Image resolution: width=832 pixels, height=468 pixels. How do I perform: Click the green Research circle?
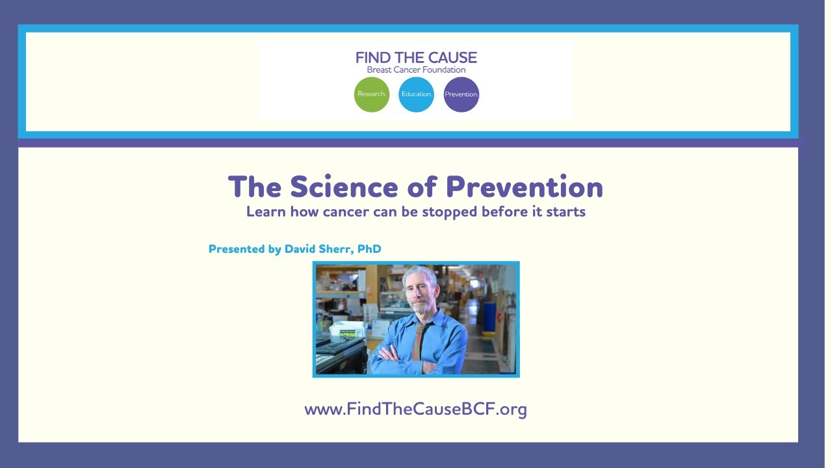(372, 94)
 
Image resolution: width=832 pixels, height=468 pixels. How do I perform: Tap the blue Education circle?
(416, 94)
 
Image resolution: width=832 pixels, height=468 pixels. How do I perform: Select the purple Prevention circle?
(461, 94)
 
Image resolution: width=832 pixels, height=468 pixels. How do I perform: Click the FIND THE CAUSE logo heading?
(416, 58)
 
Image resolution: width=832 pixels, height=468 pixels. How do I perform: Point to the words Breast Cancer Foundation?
(416, 70)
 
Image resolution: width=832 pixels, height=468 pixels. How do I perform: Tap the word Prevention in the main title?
(525, 187)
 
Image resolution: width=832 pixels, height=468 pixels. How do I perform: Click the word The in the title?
(255, 187)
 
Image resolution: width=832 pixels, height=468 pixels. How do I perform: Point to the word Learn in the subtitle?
(266, 212)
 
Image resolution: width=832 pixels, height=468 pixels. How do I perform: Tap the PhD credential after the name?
(369, 249)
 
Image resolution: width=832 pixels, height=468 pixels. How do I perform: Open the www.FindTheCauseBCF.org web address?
(415, 409)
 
